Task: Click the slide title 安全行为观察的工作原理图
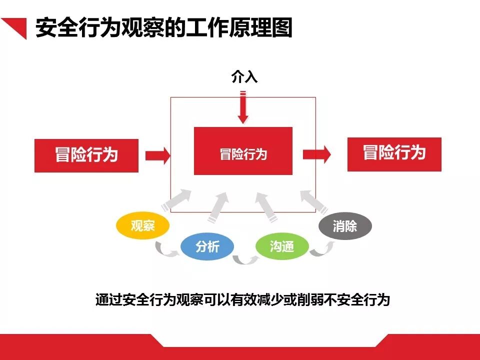[x=163, y=28]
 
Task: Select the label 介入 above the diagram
[x=244, y=76]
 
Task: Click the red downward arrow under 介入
[x=243, y=107]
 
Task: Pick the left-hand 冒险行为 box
[x=86, y=155]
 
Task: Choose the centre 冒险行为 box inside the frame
[x=243, y=151]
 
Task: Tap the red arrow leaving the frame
[x=317, y=154]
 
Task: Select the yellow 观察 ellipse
[x=143, y=226]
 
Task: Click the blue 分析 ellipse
[x=207, y=246]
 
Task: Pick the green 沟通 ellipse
[x=282, y=246]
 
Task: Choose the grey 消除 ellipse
[x=345, y=226]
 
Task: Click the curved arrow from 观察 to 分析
[x=166, y=249]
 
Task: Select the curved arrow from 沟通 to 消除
[x=322, y=249]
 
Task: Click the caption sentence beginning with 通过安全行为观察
[x=242, y=300]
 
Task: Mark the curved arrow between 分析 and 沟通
[x=245, y=259]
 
